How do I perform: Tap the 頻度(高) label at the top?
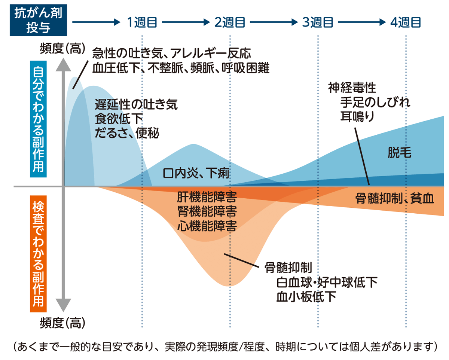tap(62, 49)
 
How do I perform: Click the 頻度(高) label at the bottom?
tap(62, 321)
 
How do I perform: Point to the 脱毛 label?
tap(399, 152)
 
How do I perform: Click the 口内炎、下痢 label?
tap(196, 174)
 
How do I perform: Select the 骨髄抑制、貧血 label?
tap(394, 198)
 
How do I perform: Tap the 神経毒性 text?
tap(352, 88)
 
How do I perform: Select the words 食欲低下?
tap(119, 119)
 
